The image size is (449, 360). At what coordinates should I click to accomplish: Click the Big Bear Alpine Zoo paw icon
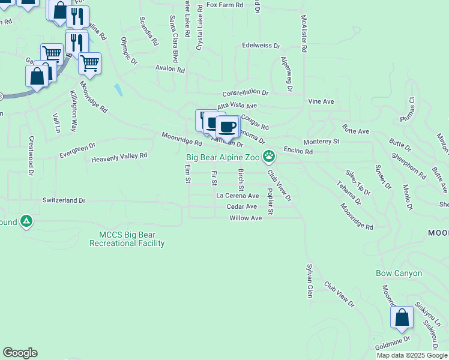(x=270, y=157)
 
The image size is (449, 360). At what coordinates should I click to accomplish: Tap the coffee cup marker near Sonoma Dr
(x=228, y=127)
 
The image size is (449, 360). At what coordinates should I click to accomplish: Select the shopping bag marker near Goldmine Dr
(x=402, y=317)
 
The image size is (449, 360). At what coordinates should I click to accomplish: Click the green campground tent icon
(x=26, y=221)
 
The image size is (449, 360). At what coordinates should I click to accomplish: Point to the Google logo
(x=20, y=353)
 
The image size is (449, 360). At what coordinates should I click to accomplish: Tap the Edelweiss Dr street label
(x=261, y=45)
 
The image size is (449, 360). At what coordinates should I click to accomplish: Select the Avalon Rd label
(x=170, y=69)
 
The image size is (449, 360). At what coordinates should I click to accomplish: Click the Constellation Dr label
(x=246, y=93)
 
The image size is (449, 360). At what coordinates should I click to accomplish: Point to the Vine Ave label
(x=321, y=102)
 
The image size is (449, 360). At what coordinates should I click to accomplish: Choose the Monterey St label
(x=322, y=142)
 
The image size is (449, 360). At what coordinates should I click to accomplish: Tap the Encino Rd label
(x=298, y=152)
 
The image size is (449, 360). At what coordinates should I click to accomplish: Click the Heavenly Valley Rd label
(x=119, y=157)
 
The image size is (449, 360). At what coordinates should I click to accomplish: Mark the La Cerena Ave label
(x=237, y=196)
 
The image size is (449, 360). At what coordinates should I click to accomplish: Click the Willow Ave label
(x=246, y=218)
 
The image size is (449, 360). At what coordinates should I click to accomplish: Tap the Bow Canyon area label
(x=399, y=273)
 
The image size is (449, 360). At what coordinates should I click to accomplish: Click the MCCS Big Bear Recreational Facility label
(x=127, y=239)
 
